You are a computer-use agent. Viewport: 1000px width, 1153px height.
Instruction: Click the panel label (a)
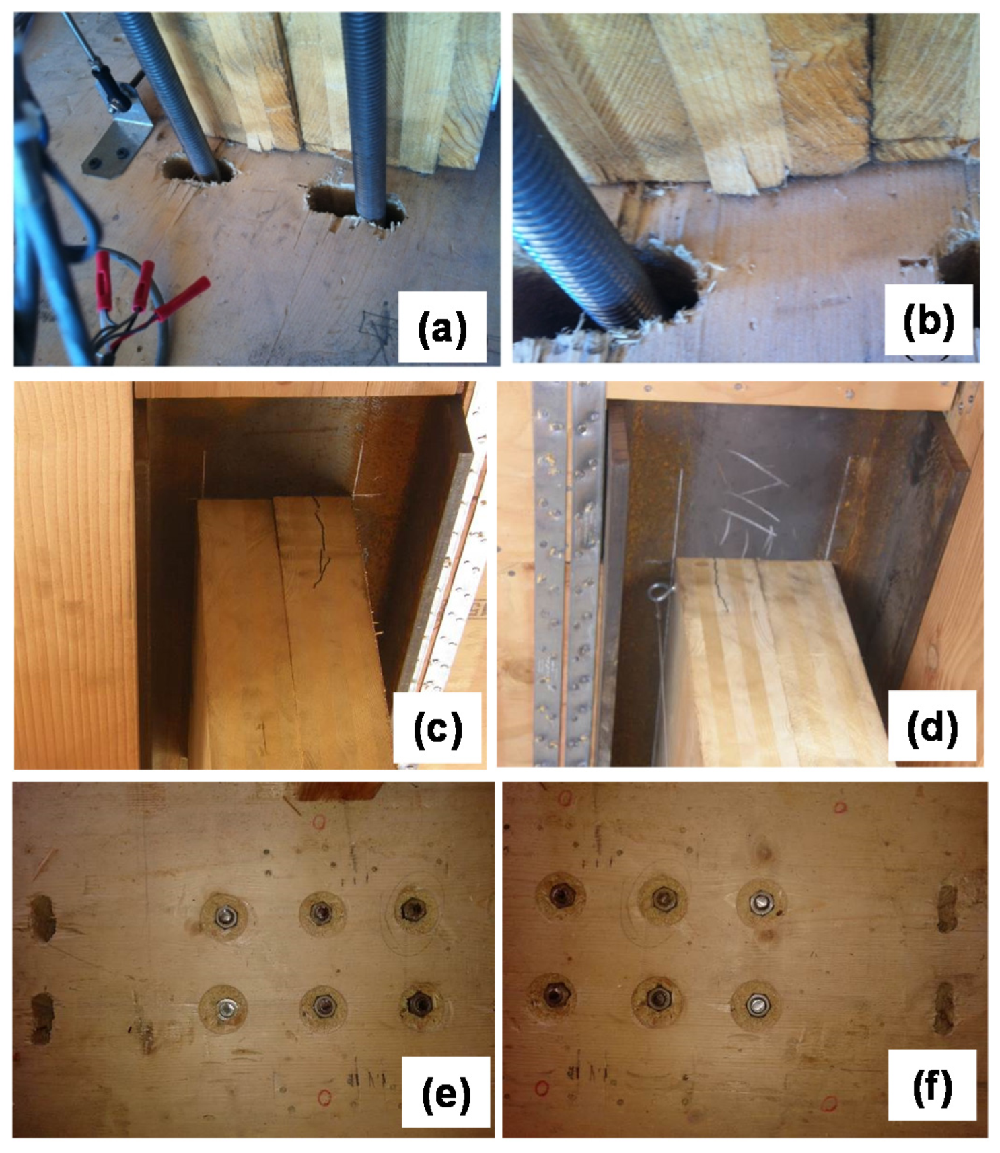click(x=442, y=328)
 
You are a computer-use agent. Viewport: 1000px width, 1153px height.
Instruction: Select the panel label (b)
click(x=929, y=321)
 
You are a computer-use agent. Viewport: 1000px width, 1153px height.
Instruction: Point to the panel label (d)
click(x=932, y=727)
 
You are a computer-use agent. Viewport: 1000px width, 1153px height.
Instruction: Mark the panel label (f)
click(x=932, y=1087)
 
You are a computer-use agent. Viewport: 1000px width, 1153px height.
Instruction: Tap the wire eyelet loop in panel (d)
click(x=657, y=592)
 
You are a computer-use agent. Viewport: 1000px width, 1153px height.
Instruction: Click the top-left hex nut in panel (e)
click(x=224, y=916)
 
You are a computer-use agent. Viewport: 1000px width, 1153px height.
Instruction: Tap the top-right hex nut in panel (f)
click(x=760, y=901)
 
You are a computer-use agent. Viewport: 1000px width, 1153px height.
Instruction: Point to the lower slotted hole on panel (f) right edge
click(x=945, y=1008)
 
